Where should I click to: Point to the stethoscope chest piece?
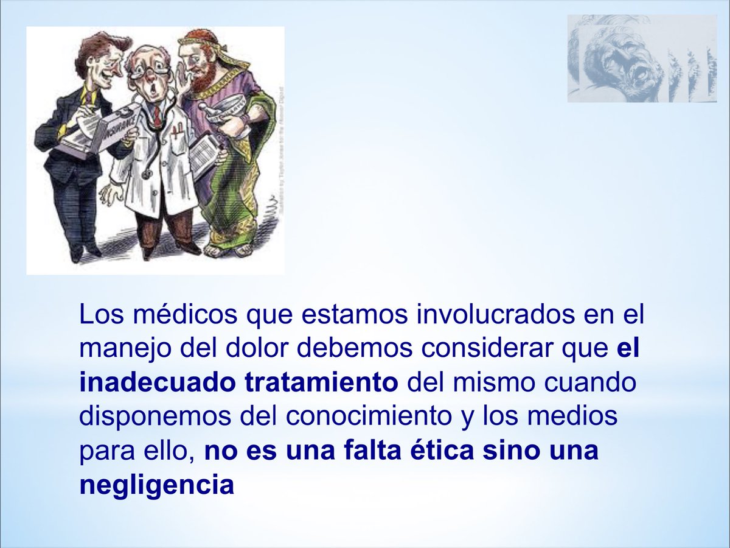147,175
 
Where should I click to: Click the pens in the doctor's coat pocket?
177,132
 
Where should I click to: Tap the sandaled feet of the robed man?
228,248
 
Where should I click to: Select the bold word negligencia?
156,485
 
